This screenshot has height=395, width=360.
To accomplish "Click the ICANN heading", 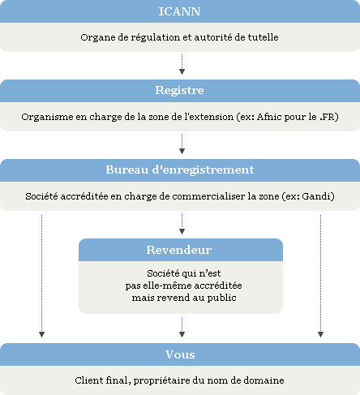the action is [x=179, y=11].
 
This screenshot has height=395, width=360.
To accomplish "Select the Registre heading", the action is [x=179, y=90].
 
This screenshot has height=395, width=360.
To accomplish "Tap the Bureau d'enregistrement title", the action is [x=180, y=170].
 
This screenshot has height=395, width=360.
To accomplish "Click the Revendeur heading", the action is [x=179, y=250].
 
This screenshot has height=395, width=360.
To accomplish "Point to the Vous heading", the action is [x=180, y=354].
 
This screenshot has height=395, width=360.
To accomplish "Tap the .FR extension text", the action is [x=328, y=117].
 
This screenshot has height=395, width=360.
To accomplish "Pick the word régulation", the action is [x=156, y=37].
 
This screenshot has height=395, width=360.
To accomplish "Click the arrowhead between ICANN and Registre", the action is [x=182, y=71].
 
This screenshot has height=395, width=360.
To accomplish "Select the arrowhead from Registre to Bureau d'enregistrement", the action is [x=182, y=151].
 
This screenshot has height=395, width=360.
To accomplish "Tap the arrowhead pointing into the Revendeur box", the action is [x=182, y=231].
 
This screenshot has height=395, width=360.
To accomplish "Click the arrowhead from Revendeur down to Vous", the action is [x=182, y=334].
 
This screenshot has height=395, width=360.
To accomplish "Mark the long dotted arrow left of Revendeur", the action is [x=41, y=276].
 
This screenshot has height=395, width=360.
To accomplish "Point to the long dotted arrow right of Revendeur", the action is [x=320, y=276].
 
